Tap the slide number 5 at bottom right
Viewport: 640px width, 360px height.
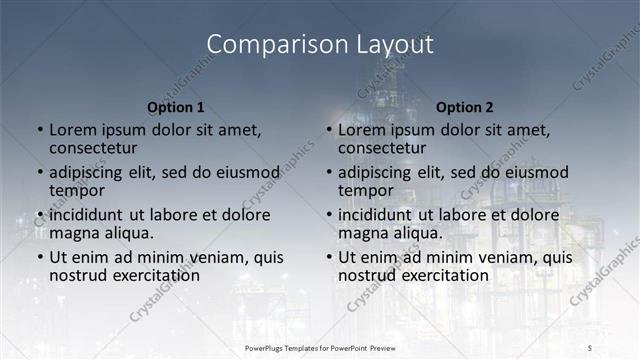pos(590,347)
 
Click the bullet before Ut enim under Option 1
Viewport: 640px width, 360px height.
pos(39,258)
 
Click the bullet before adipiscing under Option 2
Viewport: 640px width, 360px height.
pos(328,173)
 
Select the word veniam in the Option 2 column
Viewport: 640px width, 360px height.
pos(510,257)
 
